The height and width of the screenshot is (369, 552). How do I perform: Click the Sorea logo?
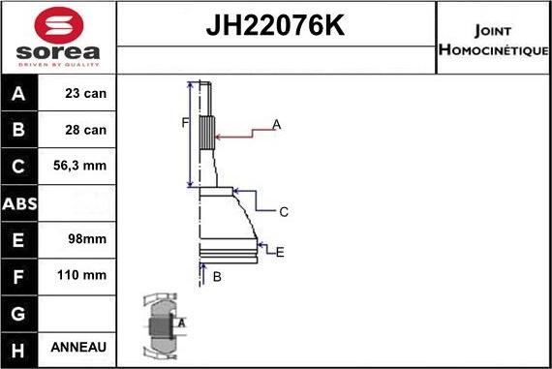(58, 39)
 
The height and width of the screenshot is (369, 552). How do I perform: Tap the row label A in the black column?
(18, 95)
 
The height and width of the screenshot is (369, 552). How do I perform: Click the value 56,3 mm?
(82, 167)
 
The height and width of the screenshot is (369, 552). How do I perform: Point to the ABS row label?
(19, 202)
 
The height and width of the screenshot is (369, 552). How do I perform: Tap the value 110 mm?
(82, 275)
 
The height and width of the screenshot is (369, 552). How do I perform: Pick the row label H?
(18, 347)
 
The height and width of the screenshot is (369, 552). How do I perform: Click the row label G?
(18, 311)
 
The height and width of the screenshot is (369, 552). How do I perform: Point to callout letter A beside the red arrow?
(276, 125)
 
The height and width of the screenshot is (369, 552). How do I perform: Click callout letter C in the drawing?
(284, 211)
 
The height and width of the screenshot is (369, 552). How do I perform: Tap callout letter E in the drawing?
(280, 253)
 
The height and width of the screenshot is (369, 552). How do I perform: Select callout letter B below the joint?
(217, 277)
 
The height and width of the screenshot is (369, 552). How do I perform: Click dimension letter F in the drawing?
(184, 122)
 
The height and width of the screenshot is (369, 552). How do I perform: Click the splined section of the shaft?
(206, 132)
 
